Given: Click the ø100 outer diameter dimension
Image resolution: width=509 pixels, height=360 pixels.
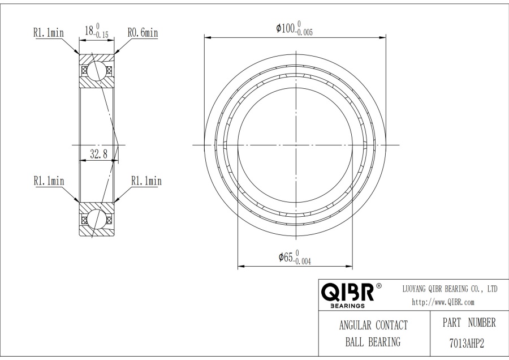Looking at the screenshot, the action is (294, 28).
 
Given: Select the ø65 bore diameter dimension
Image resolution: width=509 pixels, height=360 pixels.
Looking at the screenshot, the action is (295, 258).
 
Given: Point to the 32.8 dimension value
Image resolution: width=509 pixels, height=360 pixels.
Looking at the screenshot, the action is (98, 153).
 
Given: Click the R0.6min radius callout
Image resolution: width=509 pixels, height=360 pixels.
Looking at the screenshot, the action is (143, 32).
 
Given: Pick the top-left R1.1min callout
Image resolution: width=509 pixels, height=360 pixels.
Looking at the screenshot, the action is (49, 32).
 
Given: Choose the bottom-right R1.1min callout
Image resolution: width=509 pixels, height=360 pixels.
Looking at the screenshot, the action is (146, 181).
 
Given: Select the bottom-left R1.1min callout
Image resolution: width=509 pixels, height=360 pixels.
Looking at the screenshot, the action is (49, 181).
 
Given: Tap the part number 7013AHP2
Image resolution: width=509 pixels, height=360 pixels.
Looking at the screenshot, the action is (467, 343).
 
